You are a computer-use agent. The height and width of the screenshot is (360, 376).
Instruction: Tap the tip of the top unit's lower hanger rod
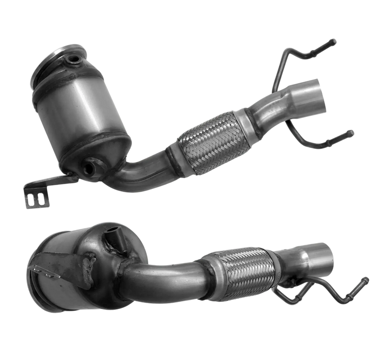click(352, 131)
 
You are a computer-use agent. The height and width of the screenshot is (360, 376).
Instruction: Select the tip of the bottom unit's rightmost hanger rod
click(368, 279)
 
